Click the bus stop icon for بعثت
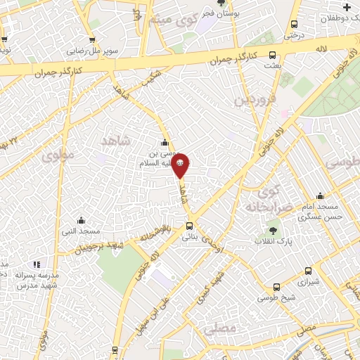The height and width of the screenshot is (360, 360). [x=273, y=56]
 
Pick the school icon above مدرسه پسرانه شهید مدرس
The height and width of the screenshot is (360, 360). [x=37, y=264]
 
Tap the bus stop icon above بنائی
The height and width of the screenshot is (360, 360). [x=189, y=226]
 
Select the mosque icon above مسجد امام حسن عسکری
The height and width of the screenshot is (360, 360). [x=320, y=196]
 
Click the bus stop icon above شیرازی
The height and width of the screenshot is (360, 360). [x=308, y=271]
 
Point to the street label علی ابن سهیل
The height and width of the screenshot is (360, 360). [x=161, y=307]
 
